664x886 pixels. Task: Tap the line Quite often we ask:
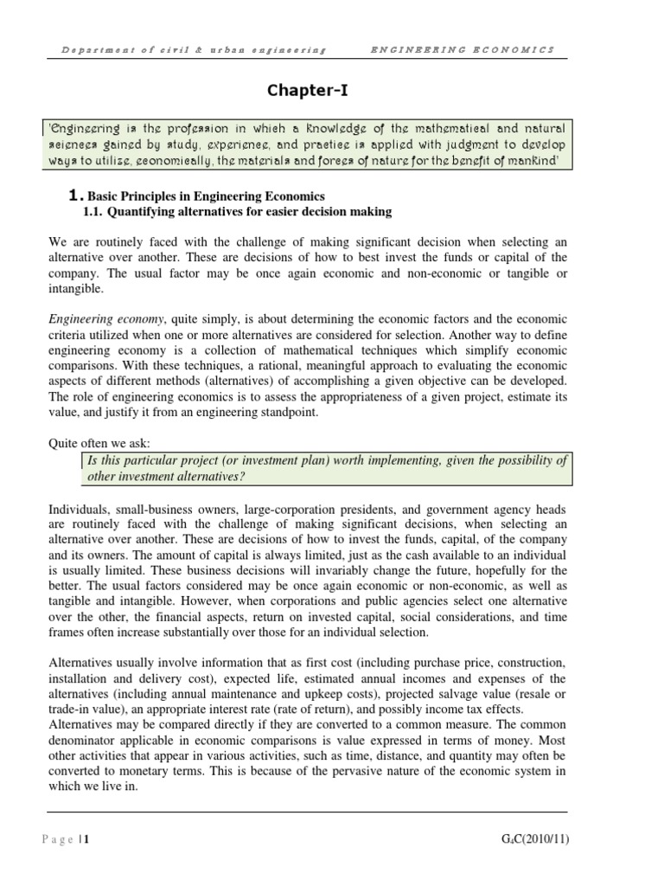pyautogui.click(x=99, y=444)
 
